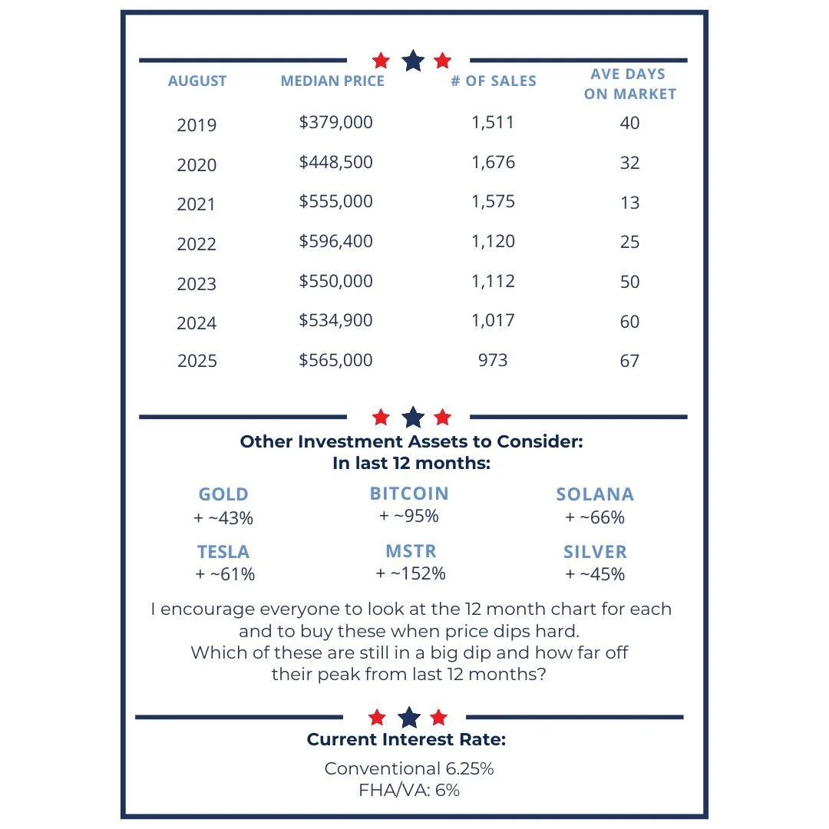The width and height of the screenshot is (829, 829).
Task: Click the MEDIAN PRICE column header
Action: click(x=332, y=81)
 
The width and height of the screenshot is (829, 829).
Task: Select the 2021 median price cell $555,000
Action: click(x=336, y=201)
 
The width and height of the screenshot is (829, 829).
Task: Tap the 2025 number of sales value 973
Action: click(x=493, y=360)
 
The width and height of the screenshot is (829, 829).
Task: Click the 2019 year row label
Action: click(x=197, y=125)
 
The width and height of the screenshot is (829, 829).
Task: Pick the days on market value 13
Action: click(x=629, y=203)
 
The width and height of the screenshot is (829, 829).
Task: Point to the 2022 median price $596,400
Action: click(x=336, y=241)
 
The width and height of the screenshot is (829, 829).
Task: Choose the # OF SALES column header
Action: click(x=494, y=81)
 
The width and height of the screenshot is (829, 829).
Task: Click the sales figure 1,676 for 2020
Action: click(x=494, y=163)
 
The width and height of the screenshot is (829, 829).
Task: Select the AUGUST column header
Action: click(x=197, y=81)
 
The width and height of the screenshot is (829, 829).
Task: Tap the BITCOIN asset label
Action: click(x=409, y=494)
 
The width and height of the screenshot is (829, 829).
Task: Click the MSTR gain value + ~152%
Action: click(x=411, y=573)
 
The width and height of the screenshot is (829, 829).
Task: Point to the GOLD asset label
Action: click(x=223, y=494)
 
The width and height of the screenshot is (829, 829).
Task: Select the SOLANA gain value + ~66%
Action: click(x=595, y=517)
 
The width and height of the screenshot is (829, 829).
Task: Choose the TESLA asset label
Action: click(x=223, y=552)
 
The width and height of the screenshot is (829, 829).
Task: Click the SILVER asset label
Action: click(x=595, y=552)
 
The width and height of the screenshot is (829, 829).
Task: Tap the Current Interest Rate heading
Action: click(x=406, y=740)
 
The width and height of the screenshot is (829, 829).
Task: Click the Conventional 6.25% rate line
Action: click(x=404, y=768)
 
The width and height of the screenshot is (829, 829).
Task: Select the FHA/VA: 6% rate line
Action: click(x=409, y=790)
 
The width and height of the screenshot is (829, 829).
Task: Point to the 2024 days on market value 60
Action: click(x=629, y=322)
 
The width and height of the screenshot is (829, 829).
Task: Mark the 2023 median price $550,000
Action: click(x=336, y=281)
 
